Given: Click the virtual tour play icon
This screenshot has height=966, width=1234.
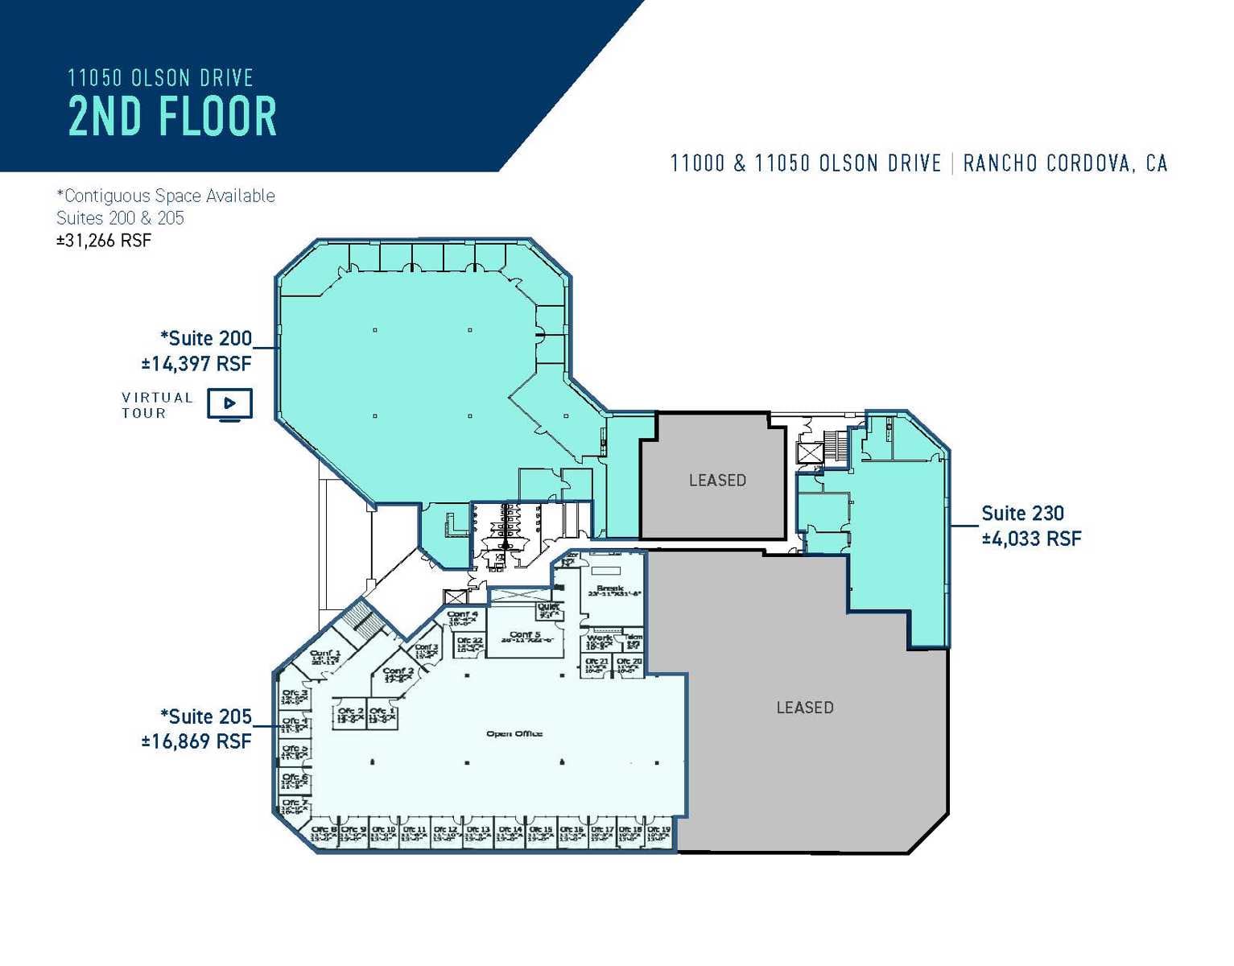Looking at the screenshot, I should [x=229, y=404].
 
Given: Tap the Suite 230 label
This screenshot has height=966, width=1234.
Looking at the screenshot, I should [x=1022, y=514].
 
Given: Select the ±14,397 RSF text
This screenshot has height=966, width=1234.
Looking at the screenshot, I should [x=196, y=364].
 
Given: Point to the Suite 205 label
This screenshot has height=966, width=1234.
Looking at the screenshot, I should [x=206, y=716].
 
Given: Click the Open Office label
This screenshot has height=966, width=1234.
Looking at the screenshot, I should [x=514, y=733].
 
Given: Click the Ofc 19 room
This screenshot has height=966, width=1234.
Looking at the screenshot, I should [x=659, y=834].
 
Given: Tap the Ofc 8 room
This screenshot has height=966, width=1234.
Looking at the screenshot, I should [x=324, y=834].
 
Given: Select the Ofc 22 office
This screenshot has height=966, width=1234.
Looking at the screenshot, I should [x=469, y=645].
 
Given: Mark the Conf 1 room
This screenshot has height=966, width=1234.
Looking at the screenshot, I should [x=325, y=657].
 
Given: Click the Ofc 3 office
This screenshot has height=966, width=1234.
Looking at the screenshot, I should [x=295, y=696].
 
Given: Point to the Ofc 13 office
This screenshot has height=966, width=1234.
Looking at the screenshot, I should [x=478, y=834].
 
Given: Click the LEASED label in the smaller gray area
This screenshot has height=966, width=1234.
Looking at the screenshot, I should [x=717, y=481].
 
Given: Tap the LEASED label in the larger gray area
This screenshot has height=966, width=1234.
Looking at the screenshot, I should [x=804, y=708].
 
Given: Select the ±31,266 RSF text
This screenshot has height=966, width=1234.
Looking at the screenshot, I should [x=104, y=241].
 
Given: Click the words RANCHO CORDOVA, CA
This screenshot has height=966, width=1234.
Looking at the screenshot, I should [x=1064, y=163].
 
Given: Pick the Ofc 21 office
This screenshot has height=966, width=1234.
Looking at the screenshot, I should [x=596, y=665].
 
